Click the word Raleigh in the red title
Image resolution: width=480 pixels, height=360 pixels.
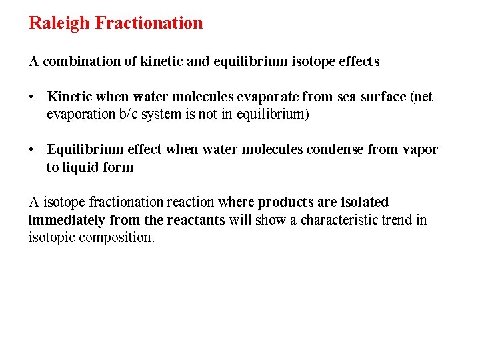59,23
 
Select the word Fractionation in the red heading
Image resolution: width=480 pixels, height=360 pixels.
149,23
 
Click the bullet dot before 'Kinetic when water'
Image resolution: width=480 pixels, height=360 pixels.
31,97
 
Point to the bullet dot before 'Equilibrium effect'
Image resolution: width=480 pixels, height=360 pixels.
31,150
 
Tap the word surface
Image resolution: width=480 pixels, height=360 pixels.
382,97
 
